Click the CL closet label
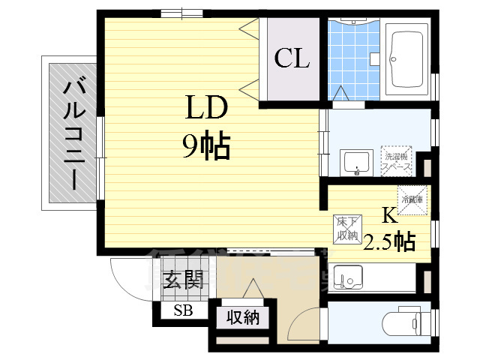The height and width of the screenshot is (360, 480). [x=292, y=58]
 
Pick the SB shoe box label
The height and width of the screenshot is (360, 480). [x=182, y=311]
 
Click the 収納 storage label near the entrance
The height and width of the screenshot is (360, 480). [x=243, y=317]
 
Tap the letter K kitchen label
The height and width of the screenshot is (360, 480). [x=389, y=216]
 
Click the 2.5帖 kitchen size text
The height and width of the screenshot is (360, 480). [x=389, y=241]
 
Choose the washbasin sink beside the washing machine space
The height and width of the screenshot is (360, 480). [x=356, y=161]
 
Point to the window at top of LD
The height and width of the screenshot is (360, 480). [x=181, y=12]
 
